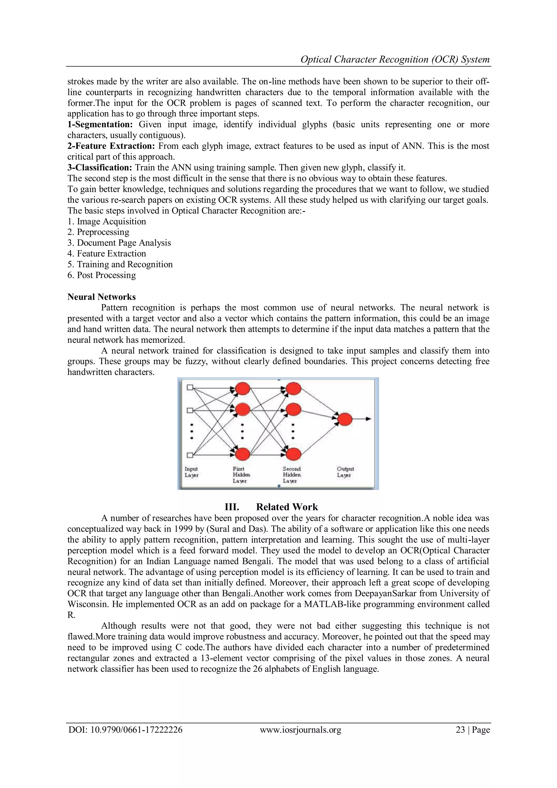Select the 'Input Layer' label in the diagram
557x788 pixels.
click(191, 472)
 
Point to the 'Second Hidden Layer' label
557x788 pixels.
click(292, 475)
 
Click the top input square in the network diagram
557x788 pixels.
click(190, 388)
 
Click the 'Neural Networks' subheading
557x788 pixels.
click(101, 297)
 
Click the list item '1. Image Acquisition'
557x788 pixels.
click(107, 221)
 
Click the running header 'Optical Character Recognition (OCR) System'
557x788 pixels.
click(395, 59)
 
